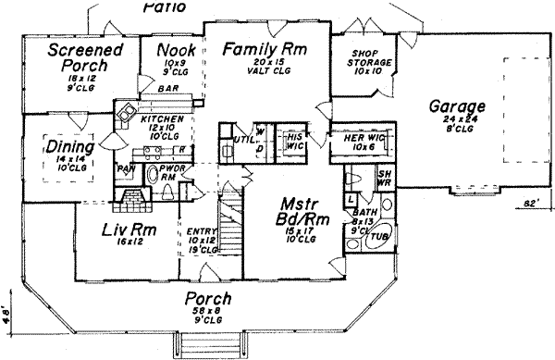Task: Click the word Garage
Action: pyautogui.click(x=454, y=106)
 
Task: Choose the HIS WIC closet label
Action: pyautogui.click(x=269, y=141)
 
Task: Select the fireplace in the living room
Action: pyautogui.click(x=131, y=201)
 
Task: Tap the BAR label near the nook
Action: pyautogui.click(x=168, y=89)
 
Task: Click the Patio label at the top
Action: pyautogui.click(x=165, y=6)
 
